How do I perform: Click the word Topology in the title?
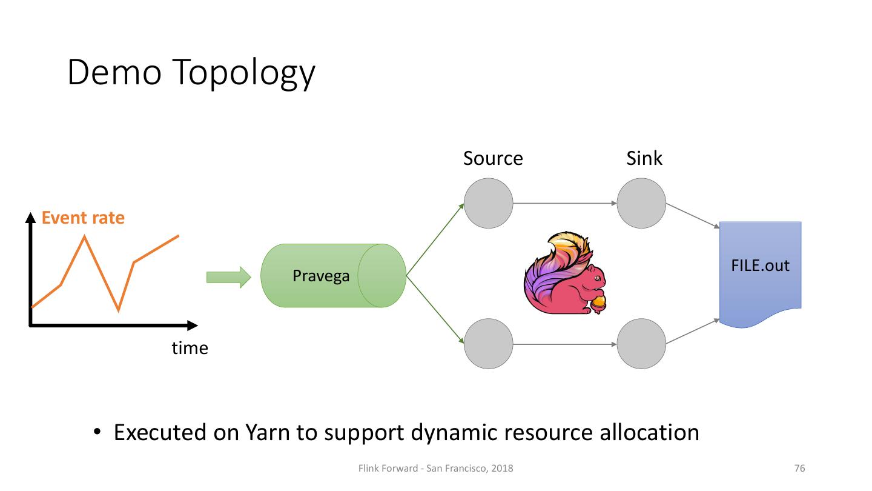point(243,73)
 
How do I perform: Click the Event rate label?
point(83,218)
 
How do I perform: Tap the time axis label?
point(190,348)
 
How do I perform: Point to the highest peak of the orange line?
point(85,236)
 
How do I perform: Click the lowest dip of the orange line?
point(118,310)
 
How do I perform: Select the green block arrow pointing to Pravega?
point(229,278)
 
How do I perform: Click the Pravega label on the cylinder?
point(321,276)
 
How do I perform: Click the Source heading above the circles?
point(493,158)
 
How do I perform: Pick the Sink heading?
point(644,158)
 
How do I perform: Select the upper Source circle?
point(489,203)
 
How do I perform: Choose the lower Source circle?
point(489,344)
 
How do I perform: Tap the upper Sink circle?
point(641,203)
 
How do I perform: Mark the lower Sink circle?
point(641,344)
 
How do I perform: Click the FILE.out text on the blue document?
point(760,266)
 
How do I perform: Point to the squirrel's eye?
point(598,278)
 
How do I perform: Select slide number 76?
point(799,468)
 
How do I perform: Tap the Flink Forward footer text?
point(435,469)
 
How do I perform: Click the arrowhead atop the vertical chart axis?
point(30,218)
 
